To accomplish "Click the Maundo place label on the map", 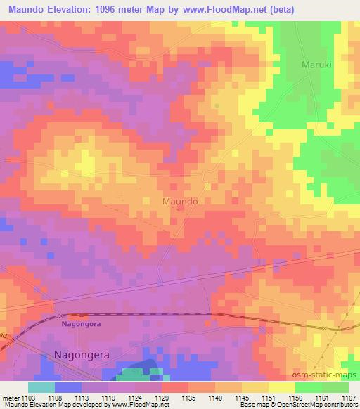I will coord(179,201).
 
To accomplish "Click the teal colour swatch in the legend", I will coord(41,387).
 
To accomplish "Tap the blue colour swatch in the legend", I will coord(67,387).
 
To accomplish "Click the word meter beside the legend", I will coord(11,398).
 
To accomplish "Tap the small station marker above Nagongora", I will coord(82,314).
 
